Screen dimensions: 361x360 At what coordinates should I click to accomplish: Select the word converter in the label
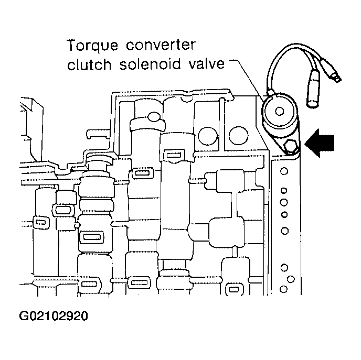(161, 45)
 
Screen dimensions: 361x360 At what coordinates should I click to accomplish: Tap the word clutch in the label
(89, 64)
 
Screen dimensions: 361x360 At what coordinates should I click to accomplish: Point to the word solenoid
(150, 64)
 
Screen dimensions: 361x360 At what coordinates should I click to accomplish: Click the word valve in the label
(207, 63)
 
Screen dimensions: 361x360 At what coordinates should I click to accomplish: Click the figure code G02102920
(54, 316)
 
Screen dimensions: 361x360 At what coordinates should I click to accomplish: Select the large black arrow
(320, 143)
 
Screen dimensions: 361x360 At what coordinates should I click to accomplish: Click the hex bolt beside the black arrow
(290, 146)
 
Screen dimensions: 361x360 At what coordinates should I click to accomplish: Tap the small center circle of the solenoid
(280, 111)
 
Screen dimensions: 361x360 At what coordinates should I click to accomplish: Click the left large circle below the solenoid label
(208, 135)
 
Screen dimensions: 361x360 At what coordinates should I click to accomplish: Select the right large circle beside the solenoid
(239, 135)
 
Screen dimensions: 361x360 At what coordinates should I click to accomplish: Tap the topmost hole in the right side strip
(284, 171)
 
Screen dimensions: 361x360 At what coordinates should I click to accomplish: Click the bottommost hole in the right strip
(284, 289)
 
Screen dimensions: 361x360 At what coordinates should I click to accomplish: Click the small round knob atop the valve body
(154, 116)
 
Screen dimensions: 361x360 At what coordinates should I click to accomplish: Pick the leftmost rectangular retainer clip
(41, 222)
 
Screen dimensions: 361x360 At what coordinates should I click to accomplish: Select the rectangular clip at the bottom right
(234, 289)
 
